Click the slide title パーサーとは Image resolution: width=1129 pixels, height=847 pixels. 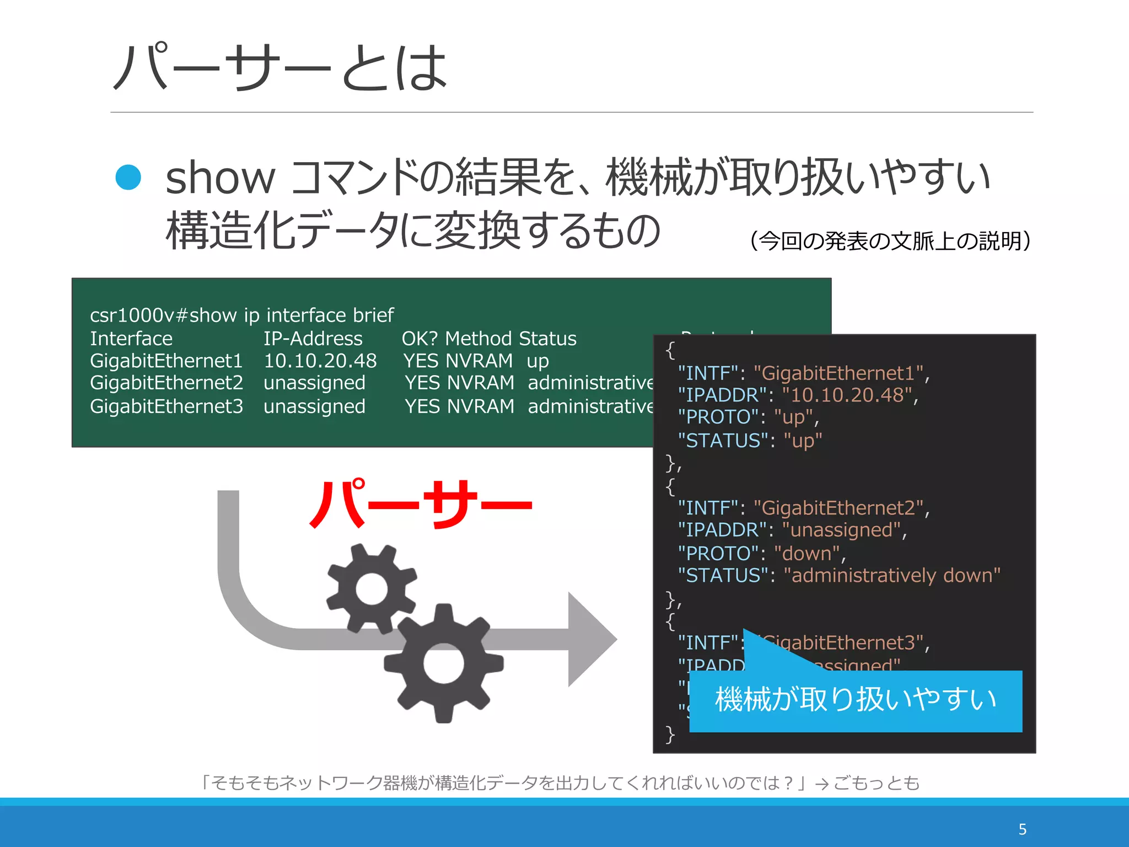click(x=280, y=67)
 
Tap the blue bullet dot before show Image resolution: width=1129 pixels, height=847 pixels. click(x=128, y=178)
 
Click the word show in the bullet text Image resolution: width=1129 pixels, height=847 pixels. click(x=219, y=178)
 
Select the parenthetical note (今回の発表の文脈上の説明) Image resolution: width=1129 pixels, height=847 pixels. click(x=890, y=241)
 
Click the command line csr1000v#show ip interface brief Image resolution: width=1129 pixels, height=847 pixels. click(x=241, y=315)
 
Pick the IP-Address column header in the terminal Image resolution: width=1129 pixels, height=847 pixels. click(x=313, y=339)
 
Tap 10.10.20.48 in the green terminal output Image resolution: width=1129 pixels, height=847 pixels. click(x=320, y=361)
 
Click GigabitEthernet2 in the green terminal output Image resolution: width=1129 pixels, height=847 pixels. click(x=166, y=383)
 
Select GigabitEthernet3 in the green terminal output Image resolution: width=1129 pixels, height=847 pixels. click(x=166, y=406)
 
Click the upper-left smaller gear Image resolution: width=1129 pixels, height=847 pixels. click(x=372, y=588)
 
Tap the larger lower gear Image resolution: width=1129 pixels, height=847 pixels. click(x=444, y=663)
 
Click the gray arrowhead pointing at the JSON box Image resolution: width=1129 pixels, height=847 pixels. click(x=591, y=640)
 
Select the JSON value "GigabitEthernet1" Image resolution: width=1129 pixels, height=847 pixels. click(x=838, y=373)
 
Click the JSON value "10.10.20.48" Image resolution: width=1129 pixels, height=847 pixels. click(x=847, y=395)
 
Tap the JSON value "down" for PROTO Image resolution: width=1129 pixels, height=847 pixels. click(x=807, y=553)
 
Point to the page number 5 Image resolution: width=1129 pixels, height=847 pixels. click(x=1022, y=829)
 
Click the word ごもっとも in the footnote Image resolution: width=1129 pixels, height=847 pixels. click(x=877, y=783)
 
